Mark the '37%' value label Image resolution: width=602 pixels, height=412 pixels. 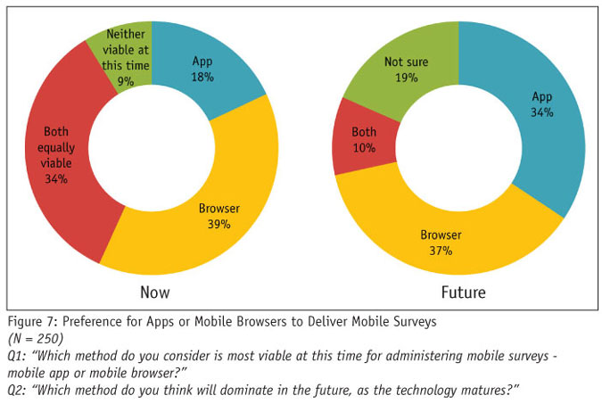tap(440, 251)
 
